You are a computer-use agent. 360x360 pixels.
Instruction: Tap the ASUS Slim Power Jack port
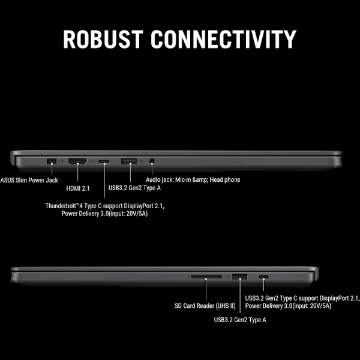(50, 161)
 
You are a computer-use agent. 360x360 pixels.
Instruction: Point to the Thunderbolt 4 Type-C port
(104, 161)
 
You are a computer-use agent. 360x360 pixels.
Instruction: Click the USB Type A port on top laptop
(129, 161)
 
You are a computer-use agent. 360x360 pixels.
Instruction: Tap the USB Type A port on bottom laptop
(239, 277)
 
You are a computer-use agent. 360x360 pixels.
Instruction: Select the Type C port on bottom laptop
(263, 277)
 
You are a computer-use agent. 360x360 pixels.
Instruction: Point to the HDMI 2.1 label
(77, 188)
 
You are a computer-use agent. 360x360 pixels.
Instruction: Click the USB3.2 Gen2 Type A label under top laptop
(134, 188)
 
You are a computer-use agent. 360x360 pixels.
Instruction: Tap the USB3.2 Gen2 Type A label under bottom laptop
(240, 320)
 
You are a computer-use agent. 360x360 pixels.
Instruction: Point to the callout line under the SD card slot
(206, 291)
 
